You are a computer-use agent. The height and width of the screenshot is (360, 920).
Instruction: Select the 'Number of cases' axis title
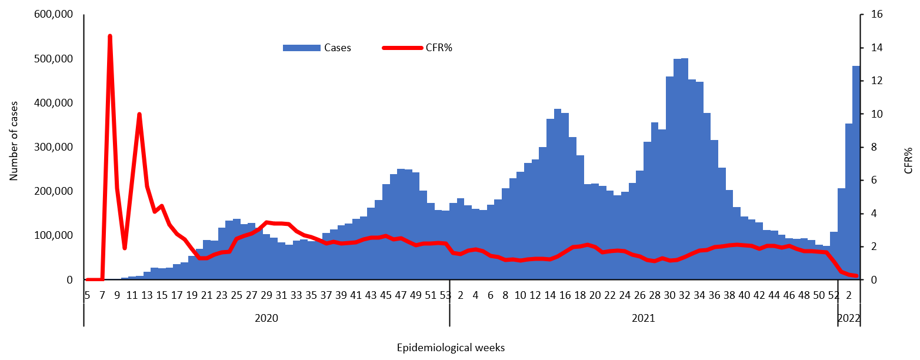coord(14,141)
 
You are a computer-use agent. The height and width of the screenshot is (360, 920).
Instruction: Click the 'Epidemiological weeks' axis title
coord(451,348)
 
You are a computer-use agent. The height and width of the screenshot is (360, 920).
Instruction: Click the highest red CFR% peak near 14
coord(110,36)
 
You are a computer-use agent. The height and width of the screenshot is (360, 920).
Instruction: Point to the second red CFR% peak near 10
coord(139,114)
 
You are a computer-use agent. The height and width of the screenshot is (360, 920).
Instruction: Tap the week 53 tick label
coord(445,294)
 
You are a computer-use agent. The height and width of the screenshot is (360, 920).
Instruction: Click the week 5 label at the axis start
coord(87,294)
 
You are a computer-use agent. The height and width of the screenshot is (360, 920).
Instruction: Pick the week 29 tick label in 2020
coord(266,294)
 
